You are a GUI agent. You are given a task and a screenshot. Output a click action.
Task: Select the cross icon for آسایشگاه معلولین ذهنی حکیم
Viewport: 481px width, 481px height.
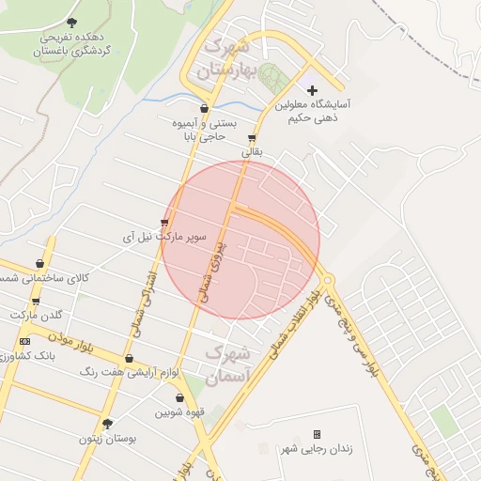coord(313,90)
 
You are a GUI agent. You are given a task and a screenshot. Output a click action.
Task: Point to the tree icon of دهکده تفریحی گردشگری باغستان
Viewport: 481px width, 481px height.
coord(73,22)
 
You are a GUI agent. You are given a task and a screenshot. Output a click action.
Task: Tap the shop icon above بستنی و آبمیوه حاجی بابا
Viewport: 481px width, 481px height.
coord(205,108)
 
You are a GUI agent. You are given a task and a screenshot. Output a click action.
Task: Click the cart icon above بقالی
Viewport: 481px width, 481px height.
coord(252,136)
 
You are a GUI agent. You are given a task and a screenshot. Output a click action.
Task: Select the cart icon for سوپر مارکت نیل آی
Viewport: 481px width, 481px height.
coord(165,223)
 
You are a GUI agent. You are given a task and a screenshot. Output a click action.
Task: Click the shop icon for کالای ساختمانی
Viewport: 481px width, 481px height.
coord(39,264)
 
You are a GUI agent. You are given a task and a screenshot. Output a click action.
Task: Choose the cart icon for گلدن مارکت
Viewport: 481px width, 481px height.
coord(36,301)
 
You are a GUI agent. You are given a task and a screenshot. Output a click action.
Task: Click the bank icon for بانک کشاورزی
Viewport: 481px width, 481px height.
coord(24,341)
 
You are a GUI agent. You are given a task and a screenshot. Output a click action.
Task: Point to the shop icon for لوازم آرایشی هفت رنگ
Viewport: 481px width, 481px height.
coord(130,359)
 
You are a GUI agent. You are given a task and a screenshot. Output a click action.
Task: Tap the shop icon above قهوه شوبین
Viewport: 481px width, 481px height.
coord(179,397)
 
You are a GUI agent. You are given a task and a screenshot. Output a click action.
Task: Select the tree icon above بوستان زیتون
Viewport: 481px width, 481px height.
coord(106,424)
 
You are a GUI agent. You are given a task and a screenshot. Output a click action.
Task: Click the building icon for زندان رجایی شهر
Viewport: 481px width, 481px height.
coord(317,434)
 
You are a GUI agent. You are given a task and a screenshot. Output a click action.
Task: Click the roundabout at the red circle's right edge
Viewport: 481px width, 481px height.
coord(327,280)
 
